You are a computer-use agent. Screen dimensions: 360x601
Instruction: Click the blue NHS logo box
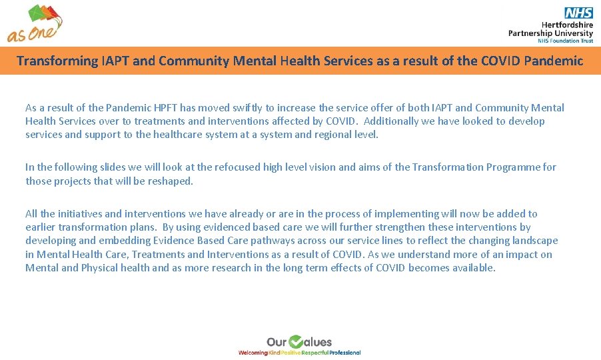[578, 13]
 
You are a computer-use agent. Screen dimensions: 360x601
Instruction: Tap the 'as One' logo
[35, 23]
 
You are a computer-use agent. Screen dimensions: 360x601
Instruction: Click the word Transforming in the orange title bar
[57, 61]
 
